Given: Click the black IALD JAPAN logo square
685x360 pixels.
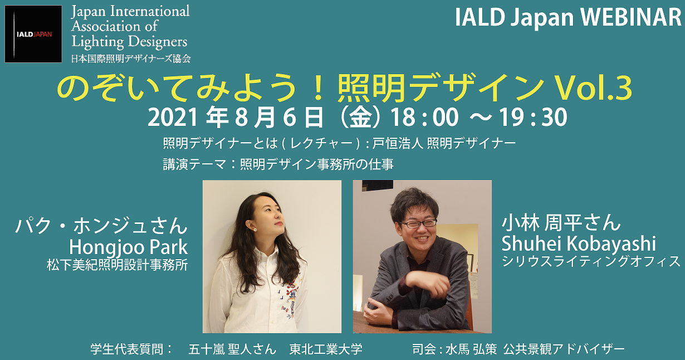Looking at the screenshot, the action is pos(33,34).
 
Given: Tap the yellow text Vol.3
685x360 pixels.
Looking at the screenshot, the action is pos(593,89).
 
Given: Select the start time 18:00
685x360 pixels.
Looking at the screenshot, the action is pos(425,117).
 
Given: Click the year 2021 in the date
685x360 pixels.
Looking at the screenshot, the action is pos(173,117).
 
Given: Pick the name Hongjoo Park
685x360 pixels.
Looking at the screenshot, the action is pos(129,247).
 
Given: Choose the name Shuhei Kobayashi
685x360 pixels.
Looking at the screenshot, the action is pos(579,244).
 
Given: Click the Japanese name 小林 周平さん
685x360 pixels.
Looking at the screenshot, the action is pos(561,222).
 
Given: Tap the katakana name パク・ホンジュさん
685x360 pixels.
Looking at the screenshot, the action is pos(101,226).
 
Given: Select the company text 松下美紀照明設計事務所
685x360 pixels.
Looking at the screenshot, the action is pos(117,265).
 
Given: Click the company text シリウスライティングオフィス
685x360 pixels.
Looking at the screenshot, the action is pos(591,261).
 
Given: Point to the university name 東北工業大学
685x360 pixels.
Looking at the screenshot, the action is pos(326,349).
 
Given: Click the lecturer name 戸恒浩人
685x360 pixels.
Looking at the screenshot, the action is pos(397,143).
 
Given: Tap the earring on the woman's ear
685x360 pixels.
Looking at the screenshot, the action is pos(255,229).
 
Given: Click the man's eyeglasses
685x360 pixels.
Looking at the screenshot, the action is pos(418,223).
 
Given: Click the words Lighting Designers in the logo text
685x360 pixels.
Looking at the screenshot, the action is pos(129,42).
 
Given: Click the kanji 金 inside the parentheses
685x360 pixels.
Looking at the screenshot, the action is pos(360,117).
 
